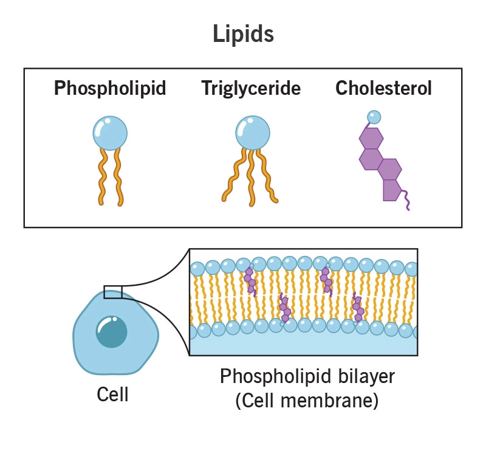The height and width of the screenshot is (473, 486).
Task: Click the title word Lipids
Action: pos(243,34)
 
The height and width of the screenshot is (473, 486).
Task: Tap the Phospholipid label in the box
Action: pos(110,89)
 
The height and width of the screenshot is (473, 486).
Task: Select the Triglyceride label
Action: pos(251,89)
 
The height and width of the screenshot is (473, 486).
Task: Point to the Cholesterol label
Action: pos(383,89)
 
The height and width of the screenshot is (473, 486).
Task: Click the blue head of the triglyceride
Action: pos(252,132)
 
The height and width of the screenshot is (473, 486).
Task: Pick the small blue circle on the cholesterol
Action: pos(374,116)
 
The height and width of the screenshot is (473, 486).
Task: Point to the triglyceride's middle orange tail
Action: pos(252,176)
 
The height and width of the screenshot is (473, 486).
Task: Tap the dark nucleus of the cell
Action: pos(111,332)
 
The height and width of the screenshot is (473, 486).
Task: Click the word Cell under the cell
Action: pos(113,395)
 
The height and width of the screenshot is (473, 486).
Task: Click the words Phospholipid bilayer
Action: pos(307,376)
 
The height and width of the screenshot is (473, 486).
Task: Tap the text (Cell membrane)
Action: pos(307,401)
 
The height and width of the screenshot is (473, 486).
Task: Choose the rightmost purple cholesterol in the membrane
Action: pos(358,308)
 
